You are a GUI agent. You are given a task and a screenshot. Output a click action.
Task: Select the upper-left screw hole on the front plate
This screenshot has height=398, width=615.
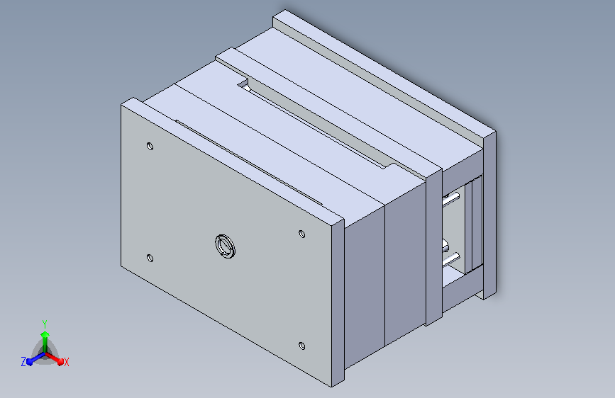tap(150, 147)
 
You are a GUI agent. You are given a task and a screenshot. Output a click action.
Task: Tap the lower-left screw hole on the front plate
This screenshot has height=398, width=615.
tap(149, 258)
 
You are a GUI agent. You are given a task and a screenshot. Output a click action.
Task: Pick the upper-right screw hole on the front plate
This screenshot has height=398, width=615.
tap(301, 233)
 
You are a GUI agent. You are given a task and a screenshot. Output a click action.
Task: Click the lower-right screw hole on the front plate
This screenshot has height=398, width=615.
tap(301, 346)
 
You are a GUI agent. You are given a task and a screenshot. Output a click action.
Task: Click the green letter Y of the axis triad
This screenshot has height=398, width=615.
tap(45, 322)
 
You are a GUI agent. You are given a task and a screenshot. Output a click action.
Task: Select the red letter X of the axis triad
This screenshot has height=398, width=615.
tap(66, 362)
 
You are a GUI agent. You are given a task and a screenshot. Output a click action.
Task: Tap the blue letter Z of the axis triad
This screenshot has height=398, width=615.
tap(23, 361)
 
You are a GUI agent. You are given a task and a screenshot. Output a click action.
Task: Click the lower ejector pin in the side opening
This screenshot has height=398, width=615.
tap(451, 257)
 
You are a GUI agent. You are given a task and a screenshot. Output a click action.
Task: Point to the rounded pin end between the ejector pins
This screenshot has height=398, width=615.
tap(445, 244)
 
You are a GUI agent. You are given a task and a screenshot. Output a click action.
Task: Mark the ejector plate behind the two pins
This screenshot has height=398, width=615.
tap(468, 227)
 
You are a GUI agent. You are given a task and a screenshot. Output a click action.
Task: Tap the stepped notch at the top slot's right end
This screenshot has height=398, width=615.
tap(389, 167)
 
